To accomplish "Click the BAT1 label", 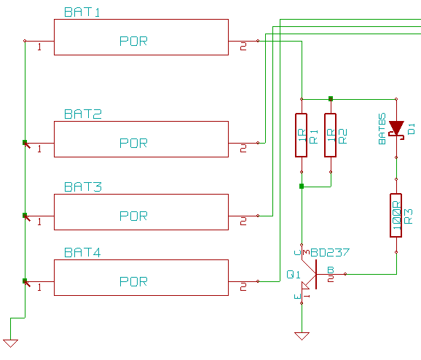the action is (x=82, y=12).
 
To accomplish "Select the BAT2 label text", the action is (x=83, y=114).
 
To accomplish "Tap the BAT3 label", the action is (x=83, y=187).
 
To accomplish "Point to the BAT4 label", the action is (x=82, y=253).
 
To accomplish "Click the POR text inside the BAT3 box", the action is (x=133, y=216).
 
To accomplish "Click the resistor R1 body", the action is (x=302, y=135).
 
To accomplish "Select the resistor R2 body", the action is (x=330, y=135).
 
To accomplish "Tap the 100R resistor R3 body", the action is (x=396, y=216).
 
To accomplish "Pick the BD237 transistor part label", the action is (x=330, y=253).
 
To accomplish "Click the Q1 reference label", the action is (x=294, y=275).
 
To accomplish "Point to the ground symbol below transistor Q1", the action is (x=302, y=336).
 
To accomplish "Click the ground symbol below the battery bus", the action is (x=10, y=343).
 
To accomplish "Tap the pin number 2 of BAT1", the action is (x=243, y=47).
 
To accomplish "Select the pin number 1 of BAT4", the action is (x=39, y=287).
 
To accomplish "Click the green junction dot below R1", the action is (x=302, y=186).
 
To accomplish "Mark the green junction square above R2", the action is (x=331, y=99).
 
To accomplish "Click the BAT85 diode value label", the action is (x=382, y=129).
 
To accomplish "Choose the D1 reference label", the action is (x=411, y=129).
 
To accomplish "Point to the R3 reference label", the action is (x=408, y=216).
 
